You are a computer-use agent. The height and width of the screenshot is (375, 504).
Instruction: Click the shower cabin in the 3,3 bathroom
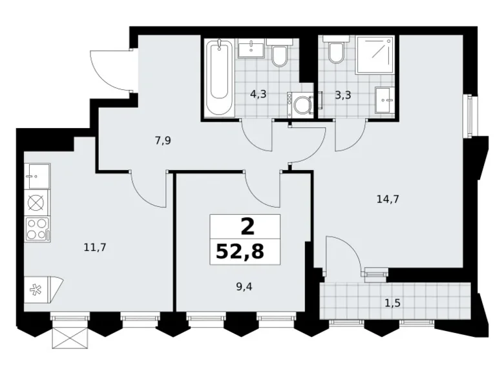tap(375, 54)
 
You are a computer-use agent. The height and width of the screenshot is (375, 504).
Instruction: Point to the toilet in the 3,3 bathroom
tap(336, 49)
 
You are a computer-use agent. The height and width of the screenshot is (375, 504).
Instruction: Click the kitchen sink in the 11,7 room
tap(37, 177)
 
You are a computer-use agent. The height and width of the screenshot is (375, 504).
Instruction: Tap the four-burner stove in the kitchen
tap(38, 229)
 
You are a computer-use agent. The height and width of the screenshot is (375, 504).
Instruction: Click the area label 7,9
tap(163, 141)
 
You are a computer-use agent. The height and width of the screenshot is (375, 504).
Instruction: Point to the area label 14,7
tap(388, 199)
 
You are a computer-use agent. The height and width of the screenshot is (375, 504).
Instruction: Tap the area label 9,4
tap(244, 286)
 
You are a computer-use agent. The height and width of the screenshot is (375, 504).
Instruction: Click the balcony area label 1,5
tap(392, 303)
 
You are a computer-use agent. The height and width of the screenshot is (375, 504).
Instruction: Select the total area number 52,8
tap(240, 252)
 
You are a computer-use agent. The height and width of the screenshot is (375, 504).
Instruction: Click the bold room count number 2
tap(247, 226)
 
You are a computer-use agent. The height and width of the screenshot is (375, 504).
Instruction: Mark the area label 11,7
tap(95, 248)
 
